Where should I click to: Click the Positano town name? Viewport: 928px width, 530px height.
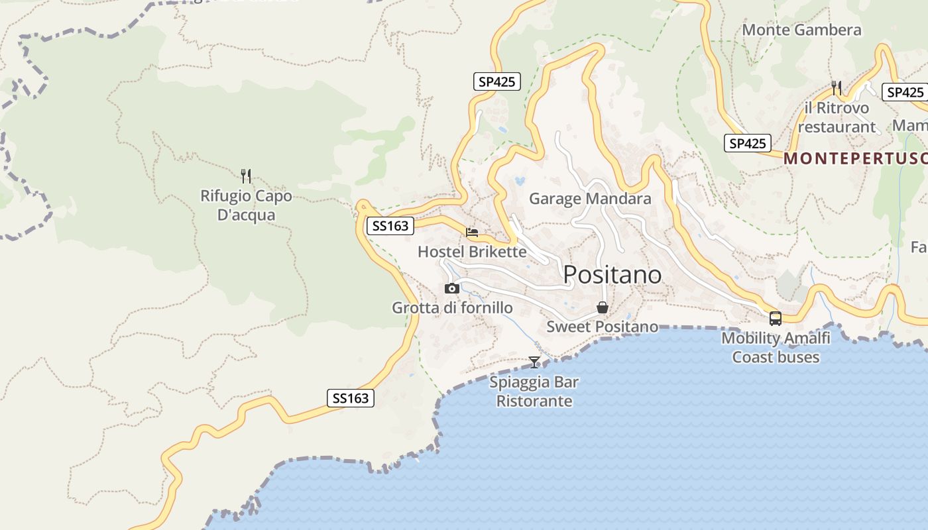click(x=612, y=274)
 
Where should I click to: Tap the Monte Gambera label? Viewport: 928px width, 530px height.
click(x=801, y=30)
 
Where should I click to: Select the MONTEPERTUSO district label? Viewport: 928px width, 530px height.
click(x=855, y=158)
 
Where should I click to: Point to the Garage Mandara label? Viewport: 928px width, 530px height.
click(x=590, y=199)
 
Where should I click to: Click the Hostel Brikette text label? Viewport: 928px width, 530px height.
click(x=472, y=252)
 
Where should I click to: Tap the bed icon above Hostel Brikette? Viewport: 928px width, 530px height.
click(x=472, y=233)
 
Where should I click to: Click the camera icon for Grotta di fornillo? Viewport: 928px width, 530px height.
click(x=452, y=288)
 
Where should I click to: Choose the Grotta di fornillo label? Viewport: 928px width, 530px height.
click(x=452, y=308)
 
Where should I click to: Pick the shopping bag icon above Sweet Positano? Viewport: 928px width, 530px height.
click(x=603, y=307)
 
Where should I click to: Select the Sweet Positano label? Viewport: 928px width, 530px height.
click(x=602, y=327)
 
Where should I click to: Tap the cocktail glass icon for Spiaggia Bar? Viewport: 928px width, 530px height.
click(x=534, y=362)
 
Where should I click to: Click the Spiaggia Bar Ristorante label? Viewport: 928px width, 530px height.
click(x=534, y=392)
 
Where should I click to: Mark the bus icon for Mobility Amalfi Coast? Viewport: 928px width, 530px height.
click(x=776, y=319)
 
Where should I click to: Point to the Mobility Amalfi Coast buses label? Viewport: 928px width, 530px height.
click(x=776, y=348)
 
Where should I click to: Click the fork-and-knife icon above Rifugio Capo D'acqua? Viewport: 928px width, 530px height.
click(x=246, y=176)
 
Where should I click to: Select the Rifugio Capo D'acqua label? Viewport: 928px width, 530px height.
click(x=246, y=205)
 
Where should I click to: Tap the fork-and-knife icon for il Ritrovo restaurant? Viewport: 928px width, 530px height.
click(x=837, y=87)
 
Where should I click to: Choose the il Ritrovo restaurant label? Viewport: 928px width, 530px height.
click(x=837, y=117)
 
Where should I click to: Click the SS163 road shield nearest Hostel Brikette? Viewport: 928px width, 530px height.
click(x=390, y=226)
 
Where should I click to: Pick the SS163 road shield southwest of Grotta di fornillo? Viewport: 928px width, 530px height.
click(x=351, y=398)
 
